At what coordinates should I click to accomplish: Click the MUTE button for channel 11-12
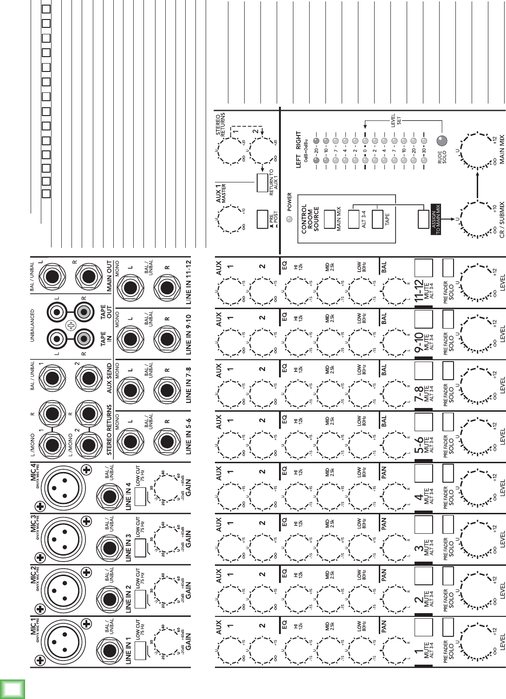pyautogui.click(x=423, y=268)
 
